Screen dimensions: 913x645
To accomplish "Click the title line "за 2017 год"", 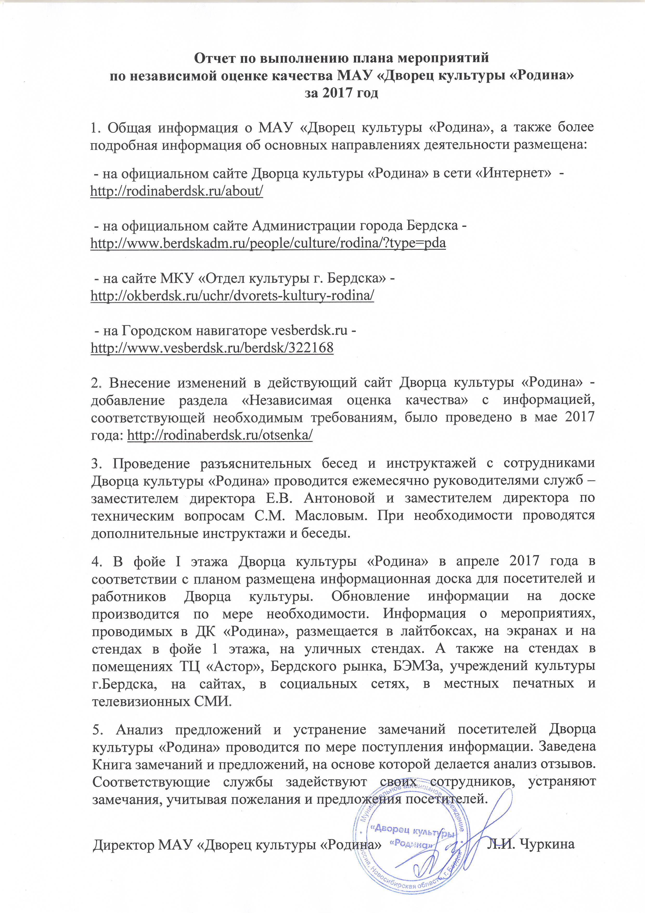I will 341,93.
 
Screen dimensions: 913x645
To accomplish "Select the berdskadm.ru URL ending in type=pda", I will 268,243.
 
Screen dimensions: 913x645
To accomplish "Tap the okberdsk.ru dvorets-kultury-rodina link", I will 233,295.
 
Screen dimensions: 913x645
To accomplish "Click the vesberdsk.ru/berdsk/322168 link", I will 212,348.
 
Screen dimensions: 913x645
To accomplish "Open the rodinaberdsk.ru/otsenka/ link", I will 220,435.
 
